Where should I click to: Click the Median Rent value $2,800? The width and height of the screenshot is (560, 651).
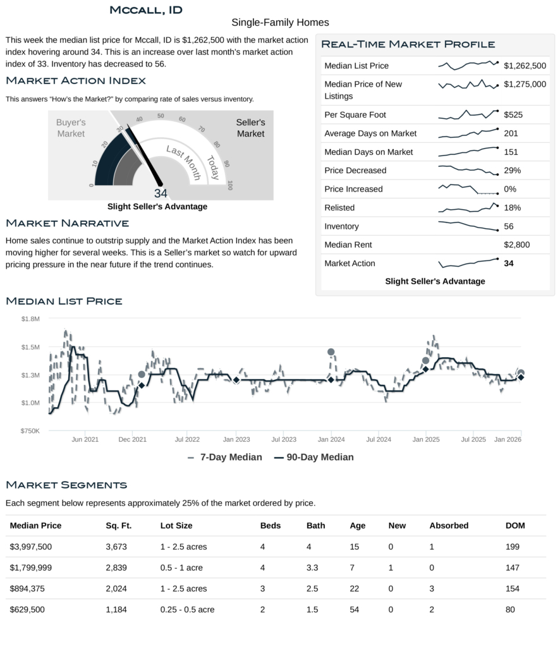click(516, 245)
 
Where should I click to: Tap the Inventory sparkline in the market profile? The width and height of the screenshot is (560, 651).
click(468, 226)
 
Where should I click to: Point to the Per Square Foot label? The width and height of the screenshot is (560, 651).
click(355, 115)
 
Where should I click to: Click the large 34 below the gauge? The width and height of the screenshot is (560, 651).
click(161, 193)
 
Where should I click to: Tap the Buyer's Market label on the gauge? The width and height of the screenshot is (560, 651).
click(71, 128)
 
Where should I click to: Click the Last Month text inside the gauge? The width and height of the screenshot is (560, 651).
click(183, 162)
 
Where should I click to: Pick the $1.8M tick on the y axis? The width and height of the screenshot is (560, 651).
click(31, 319)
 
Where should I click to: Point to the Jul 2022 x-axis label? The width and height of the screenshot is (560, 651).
click(187, 439)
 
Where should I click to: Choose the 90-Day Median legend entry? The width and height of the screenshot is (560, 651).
click(313, 457)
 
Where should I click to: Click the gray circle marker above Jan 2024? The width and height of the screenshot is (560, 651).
click(331, 352)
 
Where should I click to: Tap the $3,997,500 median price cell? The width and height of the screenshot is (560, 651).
click(31, 546)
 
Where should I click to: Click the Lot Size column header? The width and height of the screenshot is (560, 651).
click(176, 525)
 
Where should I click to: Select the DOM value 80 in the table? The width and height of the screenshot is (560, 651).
click(510, 609)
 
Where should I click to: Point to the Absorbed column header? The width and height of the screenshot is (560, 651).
click(449, 525)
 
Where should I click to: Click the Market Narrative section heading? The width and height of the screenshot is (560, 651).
click(67, 223)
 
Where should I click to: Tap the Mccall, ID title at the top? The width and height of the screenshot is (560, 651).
click(146, 9)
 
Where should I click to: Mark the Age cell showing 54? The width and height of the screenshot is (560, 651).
click(354, 609)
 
